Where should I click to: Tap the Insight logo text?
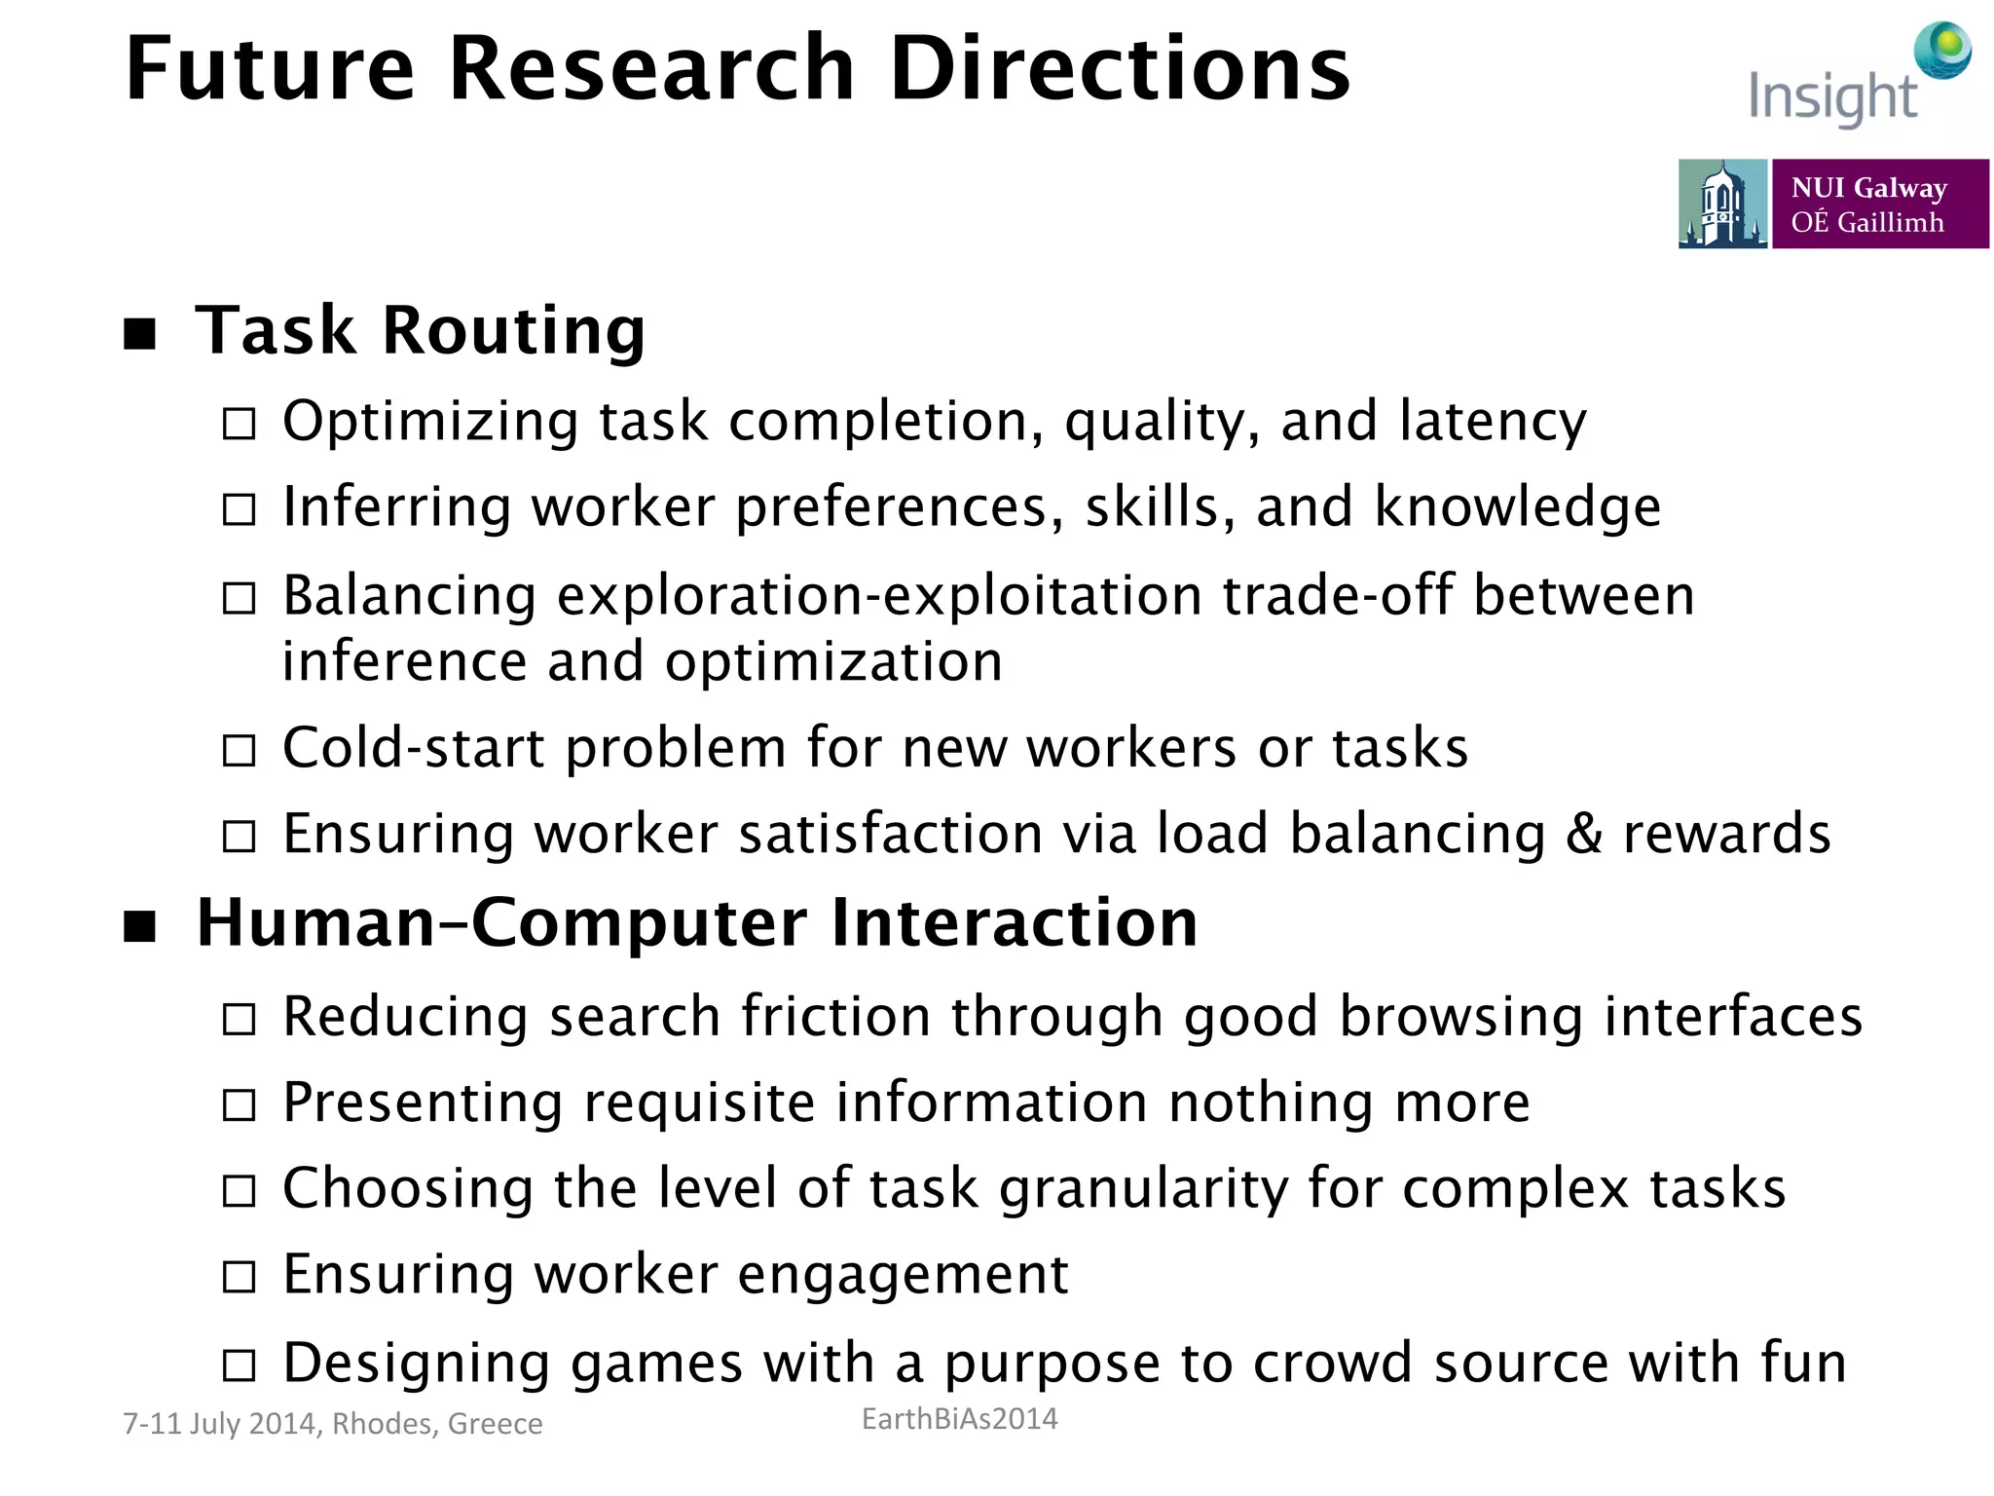click(1832, 97)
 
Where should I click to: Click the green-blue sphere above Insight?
click(1942, 49)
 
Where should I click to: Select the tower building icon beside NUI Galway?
click(1722, 204)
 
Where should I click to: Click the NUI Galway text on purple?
click(1868, 187)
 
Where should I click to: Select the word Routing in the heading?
click(513, 330)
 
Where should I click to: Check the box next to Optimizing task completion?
click(239, 424)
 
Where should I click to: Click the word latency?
click(1493, 422)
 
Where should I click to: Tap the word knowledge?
click(1517, 507)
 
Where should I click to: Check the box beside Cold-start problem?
click(239, 750)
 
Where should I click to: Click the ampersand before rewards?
click(1584, 835)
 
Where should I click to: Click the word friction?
click(835, 1016)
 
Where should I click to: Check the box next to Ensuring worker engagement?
click(239, 1276)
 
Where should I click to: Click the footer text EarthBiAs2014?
click(959, 1419)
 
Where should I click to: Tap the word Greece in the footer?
click(495, 1424)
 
